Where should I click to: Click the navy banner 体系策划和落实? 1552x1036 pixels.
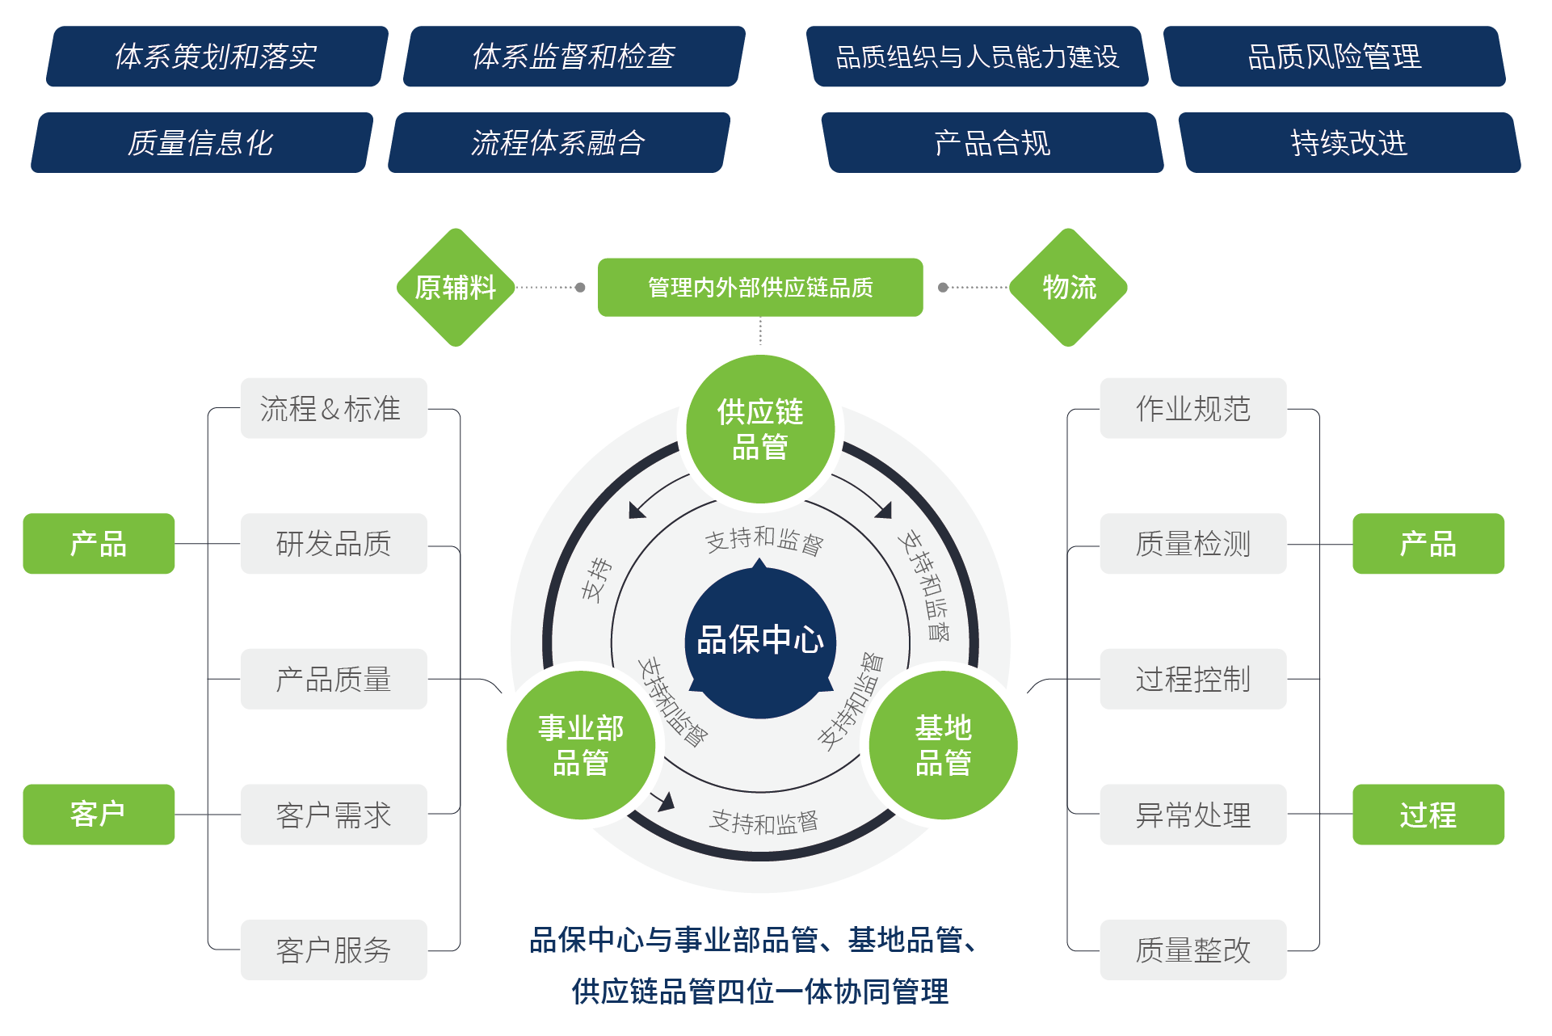pyautogui.click(x=217, y=57)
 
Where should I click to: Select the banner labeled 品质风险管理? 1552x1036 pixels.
pyautogui.click(x=1334, y=57)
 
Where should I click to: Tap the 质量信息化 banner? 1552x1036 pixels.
pyautogui.click(x=201, y=143)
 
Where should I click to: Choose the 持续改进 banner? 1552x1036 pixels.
pyautogui.click(x=1348, y=143)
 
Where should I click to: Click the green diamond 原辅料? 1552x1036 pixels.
pyautogui.click(x=456, y=287)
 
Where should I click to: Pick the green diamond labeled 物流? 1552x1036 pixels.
pyautogui.click(x=1068, y=287)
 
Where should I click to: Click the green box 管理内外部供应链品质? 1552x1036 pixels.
pyautogui.click(x=760, y=287)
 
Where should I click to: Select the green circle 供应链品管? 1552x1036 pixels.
pyautogui.click(x=759, y=429)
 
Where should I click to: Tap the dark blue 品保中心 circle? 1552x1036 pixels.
pyautogui.click(x=759, y=641)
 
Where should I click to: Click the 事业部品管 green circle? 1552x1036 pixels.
pyautogui.click(x=581, y=745)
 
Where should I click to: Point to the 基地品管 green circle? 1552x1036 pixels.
pyautogui.click(x=943, y=745)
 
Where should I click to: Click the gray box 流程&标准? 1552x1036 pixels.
pyautogui.click(x=334, y=408)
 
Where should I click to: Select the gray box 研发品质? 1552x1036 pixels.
pyautogui.click(x=334, y=544)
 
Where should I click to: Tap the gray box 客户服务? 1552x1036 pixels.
pyautogui.click(x=334, y=950)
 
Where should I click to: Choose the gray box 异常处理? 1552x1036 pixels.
pyautogui.click(x=1192, y=815)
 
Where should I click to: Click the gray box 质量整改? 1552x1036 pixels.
pyautogui.click(x=1192, y=950)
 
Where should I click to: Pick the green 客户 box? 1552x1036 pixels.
pyautogui.click(x=99, y=814)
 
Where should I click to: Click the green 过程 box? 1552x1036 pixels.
pyautogui.click(x=1428, y=815)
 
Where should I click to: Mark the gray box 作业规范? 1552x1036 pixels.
pyautogui.click(x=1192, y=408)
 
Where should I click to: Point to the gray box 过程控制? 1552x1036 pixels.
pyautogui.click(x=1192, y=679)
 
